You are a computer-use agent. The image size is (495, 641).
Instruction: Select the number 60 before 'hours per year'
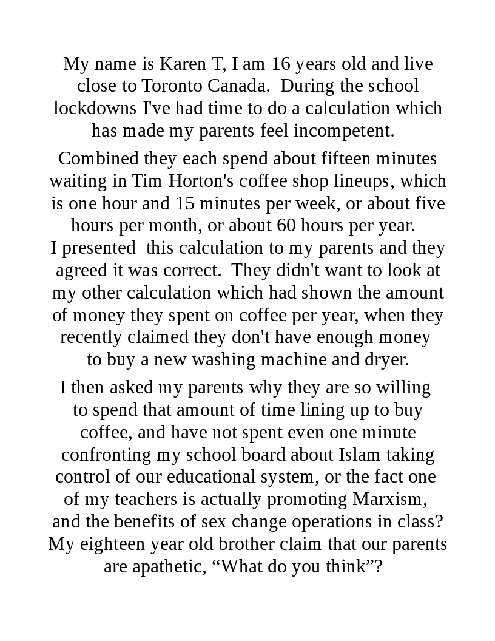286,225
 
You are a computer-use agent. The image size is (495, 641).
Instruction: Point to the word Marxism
389,499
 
